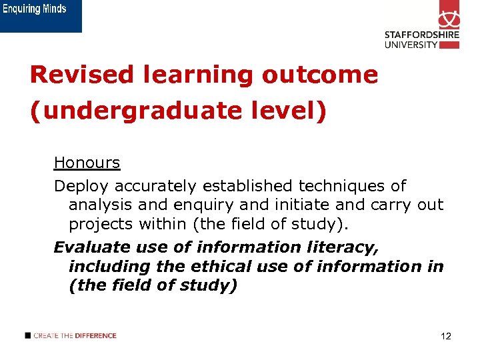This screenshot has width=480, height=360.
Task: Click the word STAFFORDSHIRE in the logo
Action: (x=421, y=35)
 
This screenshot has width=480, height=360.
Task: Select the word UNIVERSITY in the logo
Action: (x=411, y=45)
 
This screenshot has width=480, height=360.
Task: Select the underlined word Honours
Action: (x=87, y=163)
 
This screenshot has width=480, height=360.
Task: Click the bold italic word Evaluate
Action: (x=91, y=247)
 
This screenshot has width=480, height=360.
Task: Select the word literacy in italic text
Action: (x=346, y=247)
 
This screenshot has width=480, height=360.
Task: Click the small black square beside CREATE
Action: (x=27, y=335)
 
